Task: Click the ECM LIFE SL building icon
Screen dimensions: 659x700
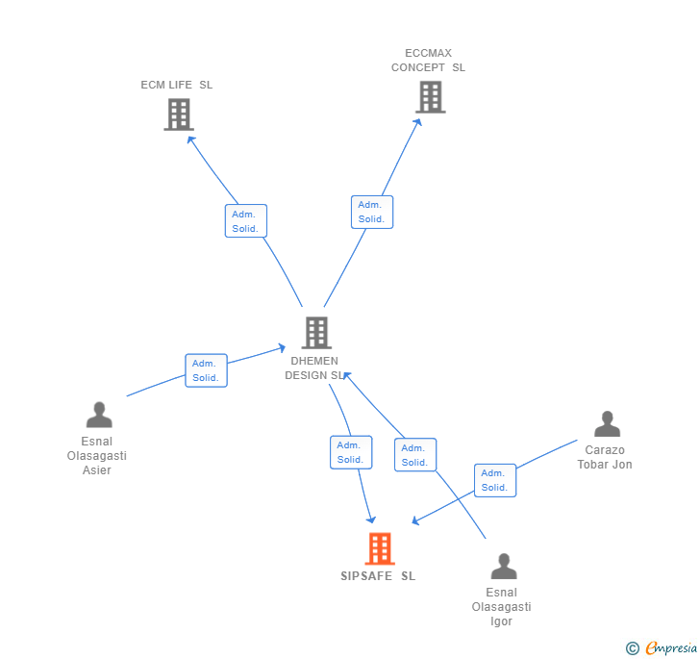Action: click(178, 114)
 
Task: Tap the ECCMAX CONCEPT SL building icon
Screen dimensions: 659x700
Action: click(430, 97)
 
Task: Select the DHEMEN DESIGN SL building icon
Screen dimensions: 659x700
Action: click(316, 333)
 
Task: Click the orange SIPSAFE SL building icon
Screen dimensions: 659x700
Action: click(380, 548)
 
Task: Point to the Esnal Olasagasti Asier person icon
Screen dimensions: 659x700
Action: click(99, 415)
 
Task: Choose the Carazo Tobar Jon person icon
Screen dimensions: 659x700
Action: click(607, 424)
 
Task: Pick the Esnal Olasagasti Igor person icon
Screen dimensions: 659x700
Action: click(503, 567)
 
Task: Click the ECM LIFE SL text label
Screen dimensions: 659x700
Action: click(177, 85)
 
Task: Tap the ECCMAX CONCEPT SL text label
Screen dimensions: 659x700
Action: click(428, 61)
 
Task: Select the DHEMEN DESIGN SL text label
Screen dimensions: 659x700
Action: click(313, 368)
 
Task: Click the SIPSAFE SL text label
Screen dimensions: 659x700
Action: click(378, 576)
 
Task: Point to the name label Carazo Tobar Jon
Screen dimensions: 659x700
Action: click(605, 457)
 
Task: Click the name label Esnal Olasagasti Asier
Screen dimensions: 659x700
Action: click(96, 456)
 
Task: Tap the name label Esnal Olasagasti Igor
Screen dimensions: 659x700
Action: click(501, 607)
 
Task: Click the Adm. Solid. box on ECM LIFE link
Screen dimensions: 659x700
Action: click(245, 221)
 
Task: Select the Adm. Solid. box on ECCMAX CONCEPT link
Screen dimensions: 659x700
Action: click(371, 212)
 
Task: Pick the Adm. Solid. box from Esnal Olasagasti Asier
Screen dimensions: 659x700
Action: click(206, 370)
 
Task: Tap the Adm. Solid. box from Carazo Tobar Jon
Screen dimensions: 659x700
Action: click(494, 480)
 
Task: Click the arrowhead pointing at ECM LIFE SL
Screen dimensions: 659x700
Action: click(191, 139)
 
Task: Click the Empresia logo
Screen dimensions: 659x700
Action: click(662, 647)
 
